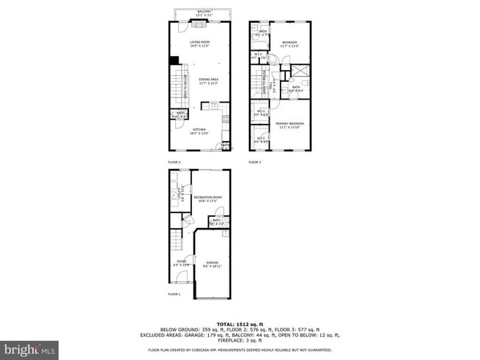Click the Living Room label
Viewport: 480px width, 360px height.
(x=199, y=44)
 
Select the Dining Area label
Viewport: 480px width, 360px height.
(x=208, y=80)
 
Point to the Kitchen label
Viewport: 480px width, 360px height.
(x=199, y=131)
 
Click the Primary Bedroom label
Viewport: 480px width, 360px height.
(x=289, y=125)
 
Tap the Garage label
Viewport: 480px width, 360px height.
(x=213, y=264)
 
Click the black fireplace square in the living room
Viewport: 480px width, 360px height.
(x=174, y=61)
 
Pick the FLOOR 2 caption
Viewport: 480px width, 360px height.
(x=174, y=162)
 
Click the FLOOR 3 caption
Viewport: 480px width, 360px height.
(x=255, y=162)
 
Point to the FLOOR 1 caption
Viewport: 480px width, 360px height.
(x=174, y=294)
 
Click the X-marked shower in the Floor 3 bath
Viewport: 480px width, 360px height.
(x=301, y=72)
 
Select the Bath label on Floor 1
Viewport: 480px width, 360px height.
(x=217, y=221)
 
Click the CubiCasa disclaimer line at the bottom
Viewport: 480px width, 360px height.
(x=239, y=350)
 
